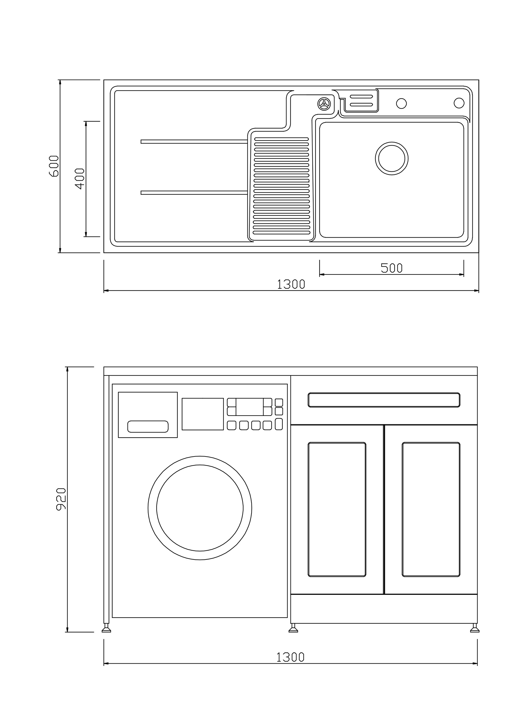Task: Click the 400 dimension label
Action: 80,179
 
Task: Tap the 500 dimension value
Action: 391,268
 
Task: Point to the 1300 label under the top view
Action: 291,284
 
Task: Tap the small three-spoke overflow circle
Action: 324,104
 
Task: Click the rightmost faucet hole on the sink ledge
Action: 459,103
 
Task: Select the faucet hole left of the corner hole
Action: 401,103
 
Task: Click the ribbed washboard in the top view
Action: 282,186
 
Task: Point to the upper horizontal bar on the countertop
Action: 194,141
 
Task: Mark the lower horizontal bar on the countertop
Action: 194,193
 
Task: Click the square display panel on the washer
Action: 203,414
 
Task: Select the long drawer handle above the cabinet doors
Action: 384,400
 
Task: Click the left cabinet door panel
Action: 337,509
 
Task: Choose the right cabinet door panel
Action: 431,509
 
